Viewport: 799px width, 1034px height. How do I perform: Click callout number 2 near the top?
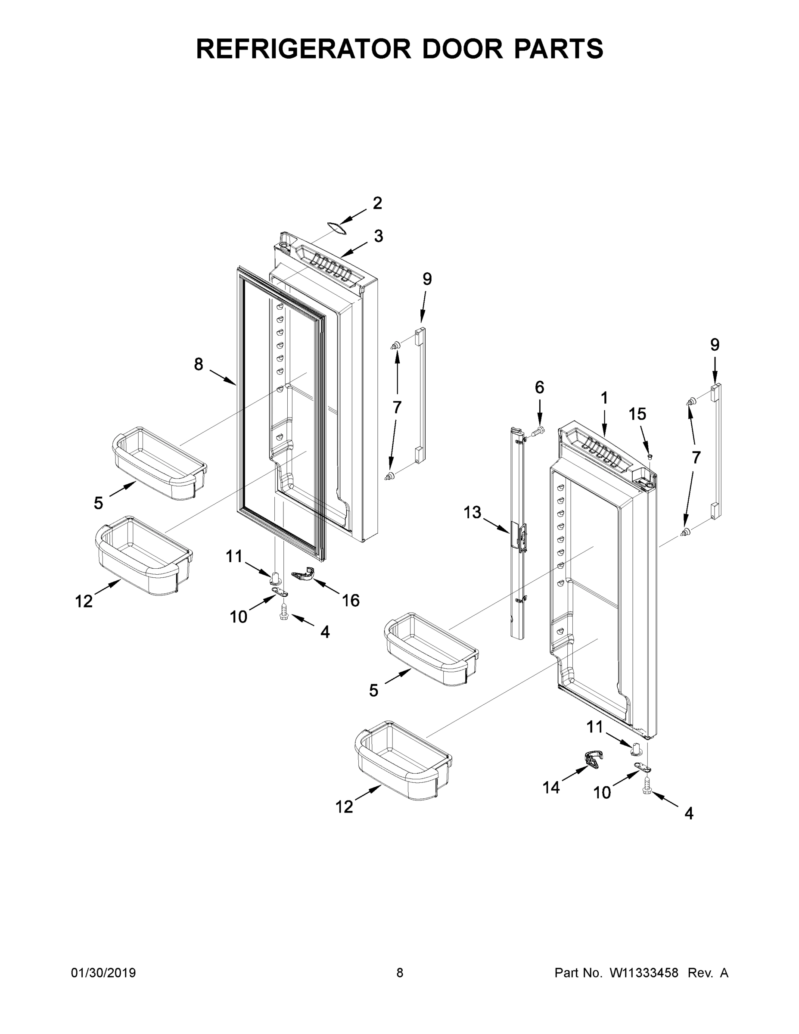point(377,203)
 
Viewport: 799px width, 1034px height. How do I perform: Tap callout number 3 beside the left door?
point(378,236)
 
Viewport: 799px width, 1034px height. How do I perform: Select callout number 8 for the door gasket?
point(198,364)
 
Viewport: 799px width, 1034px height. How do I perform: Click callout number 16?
point(351,600)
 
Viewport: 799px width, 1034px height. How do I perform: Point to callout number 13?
point(472,512)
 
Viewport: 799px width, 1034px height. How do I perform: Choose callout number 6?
point(539,387)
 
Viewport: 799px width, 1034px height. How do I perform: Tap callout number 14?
point(551,787)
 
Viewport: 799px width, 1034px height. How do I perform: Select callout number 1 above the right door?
point(604,398)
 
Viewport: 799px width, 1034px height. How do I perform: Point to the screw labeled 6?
point(539,431)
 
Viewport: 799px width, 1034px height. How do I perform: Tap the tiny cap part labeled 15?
point(650,456)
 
